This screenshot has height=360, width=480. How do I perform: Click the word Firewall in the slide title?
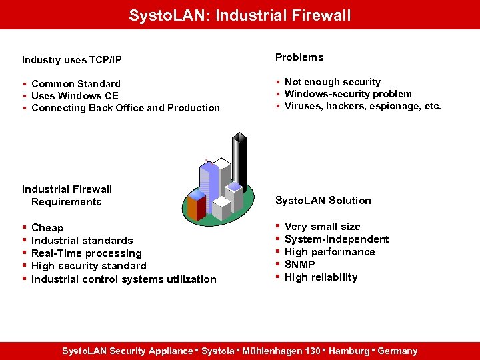pos(317,15)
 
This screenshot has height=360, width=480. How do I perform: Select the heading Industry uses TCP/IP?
pos(71,60)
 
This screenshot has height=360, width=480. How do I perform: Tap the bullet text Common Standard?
pos(75,83)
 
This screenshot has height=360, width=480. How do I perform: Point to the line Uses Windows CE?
pos(74,95)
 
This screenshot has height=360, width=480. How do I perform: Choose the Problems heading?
pos(299,57)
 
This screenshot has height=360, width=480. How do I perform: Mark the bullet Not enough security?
pos(332,82)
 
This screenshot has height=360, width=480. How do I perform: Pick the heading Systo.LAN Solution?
pos(323,200)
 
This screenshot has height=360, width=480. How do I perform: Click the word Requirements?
pos(67,201)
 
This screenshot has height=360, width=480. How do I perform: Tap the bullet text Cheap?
pos(47,227)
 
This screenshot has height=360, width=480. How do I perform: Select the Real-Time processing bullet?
pos(86,253)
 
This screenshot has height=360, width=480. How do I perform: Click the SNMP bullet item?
pos(299,264)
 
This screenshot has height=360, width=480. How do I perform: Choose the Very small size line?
pos(322,226)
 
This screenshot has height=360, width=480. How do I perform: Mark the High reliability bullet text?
pos(321,277)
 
